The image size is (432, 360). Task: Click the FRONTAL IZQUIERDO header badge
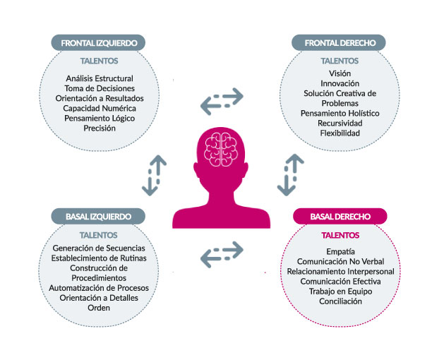99,42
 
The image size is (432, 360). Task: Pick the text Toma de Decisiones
99,88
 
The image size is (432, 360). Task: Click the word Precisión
99,128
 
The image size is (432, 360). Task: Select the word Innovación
340,83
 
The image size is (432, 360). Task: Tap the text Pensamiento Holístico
340,113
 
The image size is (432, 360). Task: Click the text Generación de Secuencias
99,248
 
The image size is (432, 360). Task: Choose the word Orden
99,308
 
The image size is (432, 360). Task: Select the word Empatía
340,251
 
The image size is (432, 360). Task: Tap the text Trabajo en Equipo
340,291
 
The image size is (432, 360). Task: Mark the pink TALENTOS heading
340,235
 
